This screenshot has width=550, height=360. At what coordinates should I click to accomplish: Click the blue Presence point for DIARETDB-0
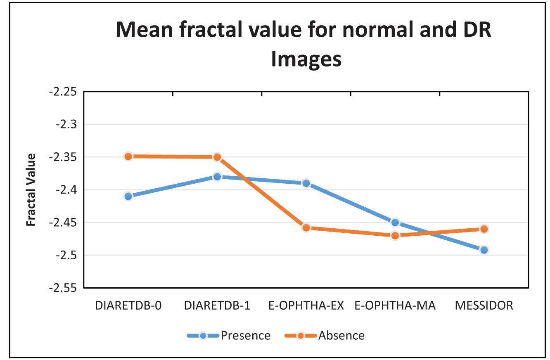point(128,196)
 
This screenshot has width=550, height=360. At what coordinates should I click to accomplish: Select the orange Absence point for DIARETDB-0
point(128,156)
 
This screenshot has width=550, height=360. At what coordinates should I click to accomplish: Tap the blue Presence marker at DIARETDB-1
point(217,177)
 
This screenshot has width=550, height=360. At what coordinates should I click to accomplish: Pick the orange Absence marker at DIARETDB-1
point(217,157)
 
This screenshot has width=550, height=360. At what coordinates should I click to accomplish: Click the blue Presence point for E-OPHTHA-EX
point(306,183)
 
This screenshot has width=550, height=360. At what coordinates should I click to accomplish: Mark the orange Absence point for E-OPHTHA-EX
point(306,228)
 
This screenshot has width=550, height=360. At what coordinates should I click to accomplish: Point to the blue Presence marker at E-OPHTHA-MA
point(395,223)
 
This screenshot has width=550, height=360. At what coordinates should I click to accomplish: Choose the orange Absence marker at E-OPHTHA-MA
point(395,236)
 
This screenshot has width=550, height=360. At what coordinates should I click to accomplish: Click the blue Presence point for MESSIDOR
point(484,250)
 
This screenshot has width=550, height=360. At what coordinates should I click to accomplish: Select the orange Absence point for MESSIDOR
point(484,229)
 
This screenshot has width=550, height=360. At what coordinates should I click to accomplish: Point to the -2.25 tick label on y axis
point(63,92)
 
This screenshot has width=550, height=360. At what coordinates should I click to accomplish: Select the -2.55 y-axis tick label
point(63,288)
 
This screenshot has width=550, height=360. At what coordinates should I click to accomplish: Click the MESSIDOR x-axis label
point(484,306)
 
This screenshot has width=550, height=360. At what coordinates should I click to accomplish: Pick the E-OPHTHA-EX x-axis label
point(306,306)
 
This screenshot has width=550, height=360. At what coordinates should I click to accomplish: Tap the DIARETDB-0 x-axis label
point(128,306)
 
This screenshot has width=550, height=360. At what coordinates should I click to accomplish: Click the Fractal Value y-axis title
point(31,189)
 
